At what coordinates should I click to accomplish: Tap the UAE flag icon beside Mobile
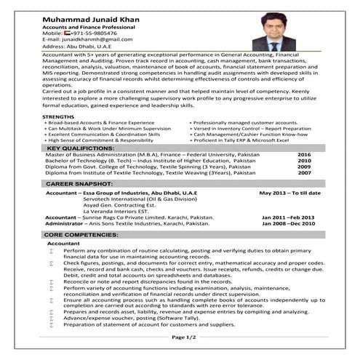pos(66,33)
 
